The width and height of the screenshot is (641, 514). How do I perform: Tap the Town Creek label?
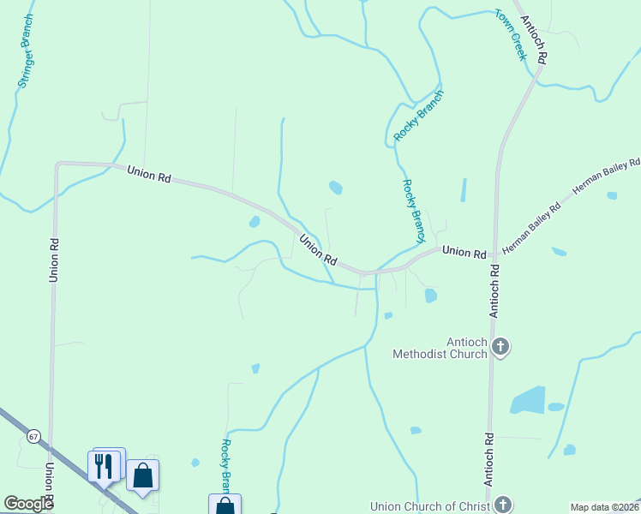pos(509,34)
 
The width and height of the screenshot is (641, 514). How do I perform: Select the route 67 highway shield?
pos(33,436)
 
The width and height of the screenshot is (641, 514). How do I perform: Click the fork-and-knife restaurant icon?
pos(103,466)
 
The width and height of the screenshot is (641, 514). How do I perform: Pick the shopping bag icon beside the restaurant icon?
pos(142,475)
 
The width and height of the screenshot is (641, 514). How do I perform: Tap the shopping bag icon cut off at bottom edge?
pos(225,505)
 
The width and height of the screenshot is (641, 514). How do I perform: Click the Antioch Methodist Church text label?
pos(440,348)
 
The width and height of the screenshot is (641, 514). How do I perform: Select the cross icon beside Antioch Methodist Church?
pos(500,347)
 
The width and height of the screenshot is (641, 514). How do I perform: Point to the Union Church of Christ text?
pos(428,505)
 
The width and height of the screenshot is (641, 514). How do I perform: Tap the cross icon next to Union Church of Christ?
pos(502,505)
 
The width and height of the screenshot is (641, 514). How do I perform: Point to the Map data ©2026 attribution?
pos(604,507)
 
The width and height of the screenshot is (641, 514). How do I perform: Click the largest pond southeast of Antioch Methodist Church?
pos(527,400)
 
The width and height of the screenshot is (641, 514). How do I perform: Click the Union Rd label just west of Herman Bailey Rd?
pos(464,253)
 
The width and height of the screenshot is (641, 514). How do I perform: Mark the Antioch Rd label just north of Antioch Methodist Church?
pos(494,291)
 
